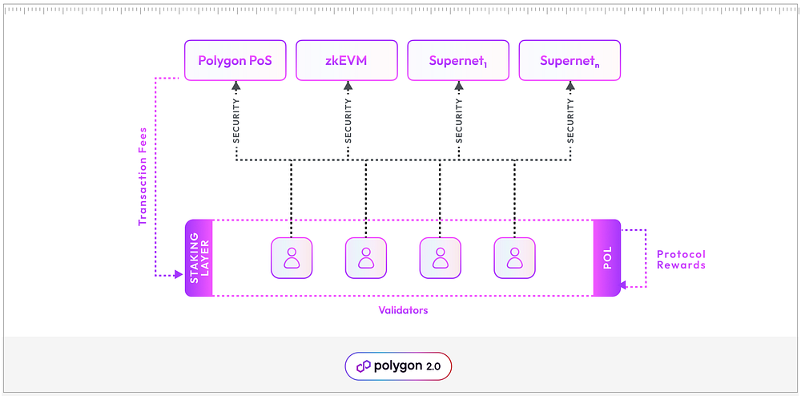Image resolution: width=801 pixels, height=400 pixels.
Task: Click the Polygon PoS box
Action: (235, 60)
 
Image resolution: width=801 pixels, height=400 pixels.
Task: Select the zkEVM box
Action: (347, 60)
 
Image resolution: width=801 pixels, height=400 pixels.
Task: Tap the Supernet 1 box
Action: (458, 60)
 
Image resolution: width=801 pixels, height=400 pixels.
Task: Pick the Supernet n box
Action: (570, 60)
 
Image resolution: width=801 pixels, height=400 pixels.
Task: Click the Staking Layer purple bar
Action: (199, 258)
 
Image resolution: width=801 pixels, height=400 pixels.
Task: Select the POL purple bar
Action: (607, 258)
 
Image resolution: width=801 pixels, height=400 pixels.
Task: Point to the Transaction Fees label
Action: (143, 176)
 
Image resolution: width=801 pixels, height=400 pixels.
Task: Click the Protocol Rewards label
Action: (681, 260)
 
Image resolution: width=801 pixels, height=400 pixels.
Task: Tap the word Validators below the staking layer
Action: (403, 310)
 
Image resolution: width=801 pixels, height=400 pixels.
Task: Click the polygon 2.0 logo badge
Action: (398, 366)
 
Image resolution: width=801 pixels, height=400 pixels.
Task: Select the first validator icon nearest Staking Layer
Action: (292, 258)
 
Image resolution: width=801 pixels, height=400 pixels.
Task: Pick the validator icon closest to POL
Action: (514, 258)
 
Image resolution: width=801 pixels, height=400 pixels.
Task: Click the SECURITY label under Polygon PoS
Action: (236, 120)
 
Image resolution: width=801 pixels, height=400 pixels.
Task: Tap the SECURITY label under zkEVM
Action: (348, 120)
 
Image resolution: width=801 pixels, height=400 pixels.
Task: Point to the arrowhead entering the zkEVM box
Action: (348, 86)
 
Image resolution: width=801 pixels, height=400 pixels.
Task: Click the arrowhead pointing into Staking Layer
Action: (179, 275)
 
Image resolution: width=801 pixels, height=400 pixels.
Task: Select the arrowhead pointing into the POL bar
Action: (624, 287)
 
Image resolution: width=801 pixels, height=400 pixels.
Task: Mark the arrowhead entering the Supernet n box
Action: (570, 86)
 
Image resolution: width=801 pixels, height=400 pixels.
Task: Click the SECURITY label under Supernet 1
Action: (459, 120)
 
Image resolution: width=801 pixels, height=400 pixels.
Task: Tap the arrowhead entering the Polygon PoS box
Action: (236, 86)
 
